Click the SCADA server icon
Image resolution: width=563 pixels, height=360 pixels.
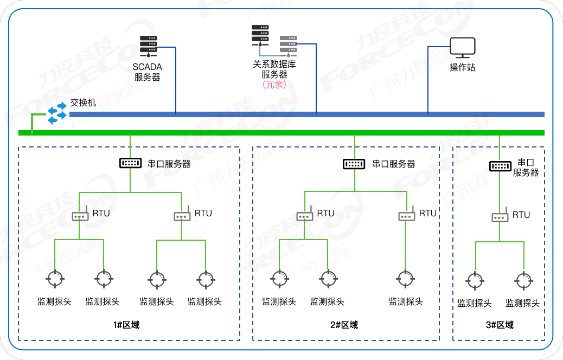(x=148, y=46)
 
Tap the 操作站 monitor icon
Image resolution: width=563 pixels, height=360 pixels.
(x=463, y=48)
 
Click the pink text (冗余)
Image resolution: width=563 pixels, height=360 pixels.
(x=274, y=85)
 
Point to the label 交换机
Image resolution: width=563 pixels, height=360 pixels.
(x=83, y=102)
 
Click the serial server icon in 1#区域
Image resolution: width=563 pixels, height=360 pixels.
(x=130, y=163)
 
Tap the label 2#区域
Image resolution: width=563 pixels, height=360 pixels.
(x=344, y=325)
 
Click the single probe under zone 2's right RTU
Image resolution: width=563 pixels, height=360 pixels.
(x=405, y=279)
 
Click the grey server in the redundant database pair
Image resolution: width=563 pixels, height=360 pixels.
(x=288, y=46)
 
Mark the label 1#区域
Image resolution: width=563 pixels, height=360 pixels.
(x=126, y=325)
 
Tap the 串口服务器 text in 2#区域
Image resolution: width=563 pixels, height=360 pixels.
(x=393, y=164)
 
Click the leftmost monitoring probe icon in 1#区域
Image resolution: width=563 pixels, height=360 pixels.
(x=55, y=279)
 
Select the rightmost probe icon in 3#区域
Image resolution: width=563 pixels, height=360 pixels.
(x=523, y=281)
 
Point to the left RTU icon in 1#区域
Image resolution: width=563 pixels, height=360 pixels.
(x=80, y=215)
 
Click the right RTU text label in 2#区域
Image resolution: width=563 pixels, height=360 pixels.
(x=427, y=213)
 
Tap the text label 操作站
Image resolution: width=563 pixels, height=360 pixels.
(x=462, y=68)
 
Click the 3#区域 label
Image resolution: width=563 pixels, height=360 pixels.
(x=500, y=325)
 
